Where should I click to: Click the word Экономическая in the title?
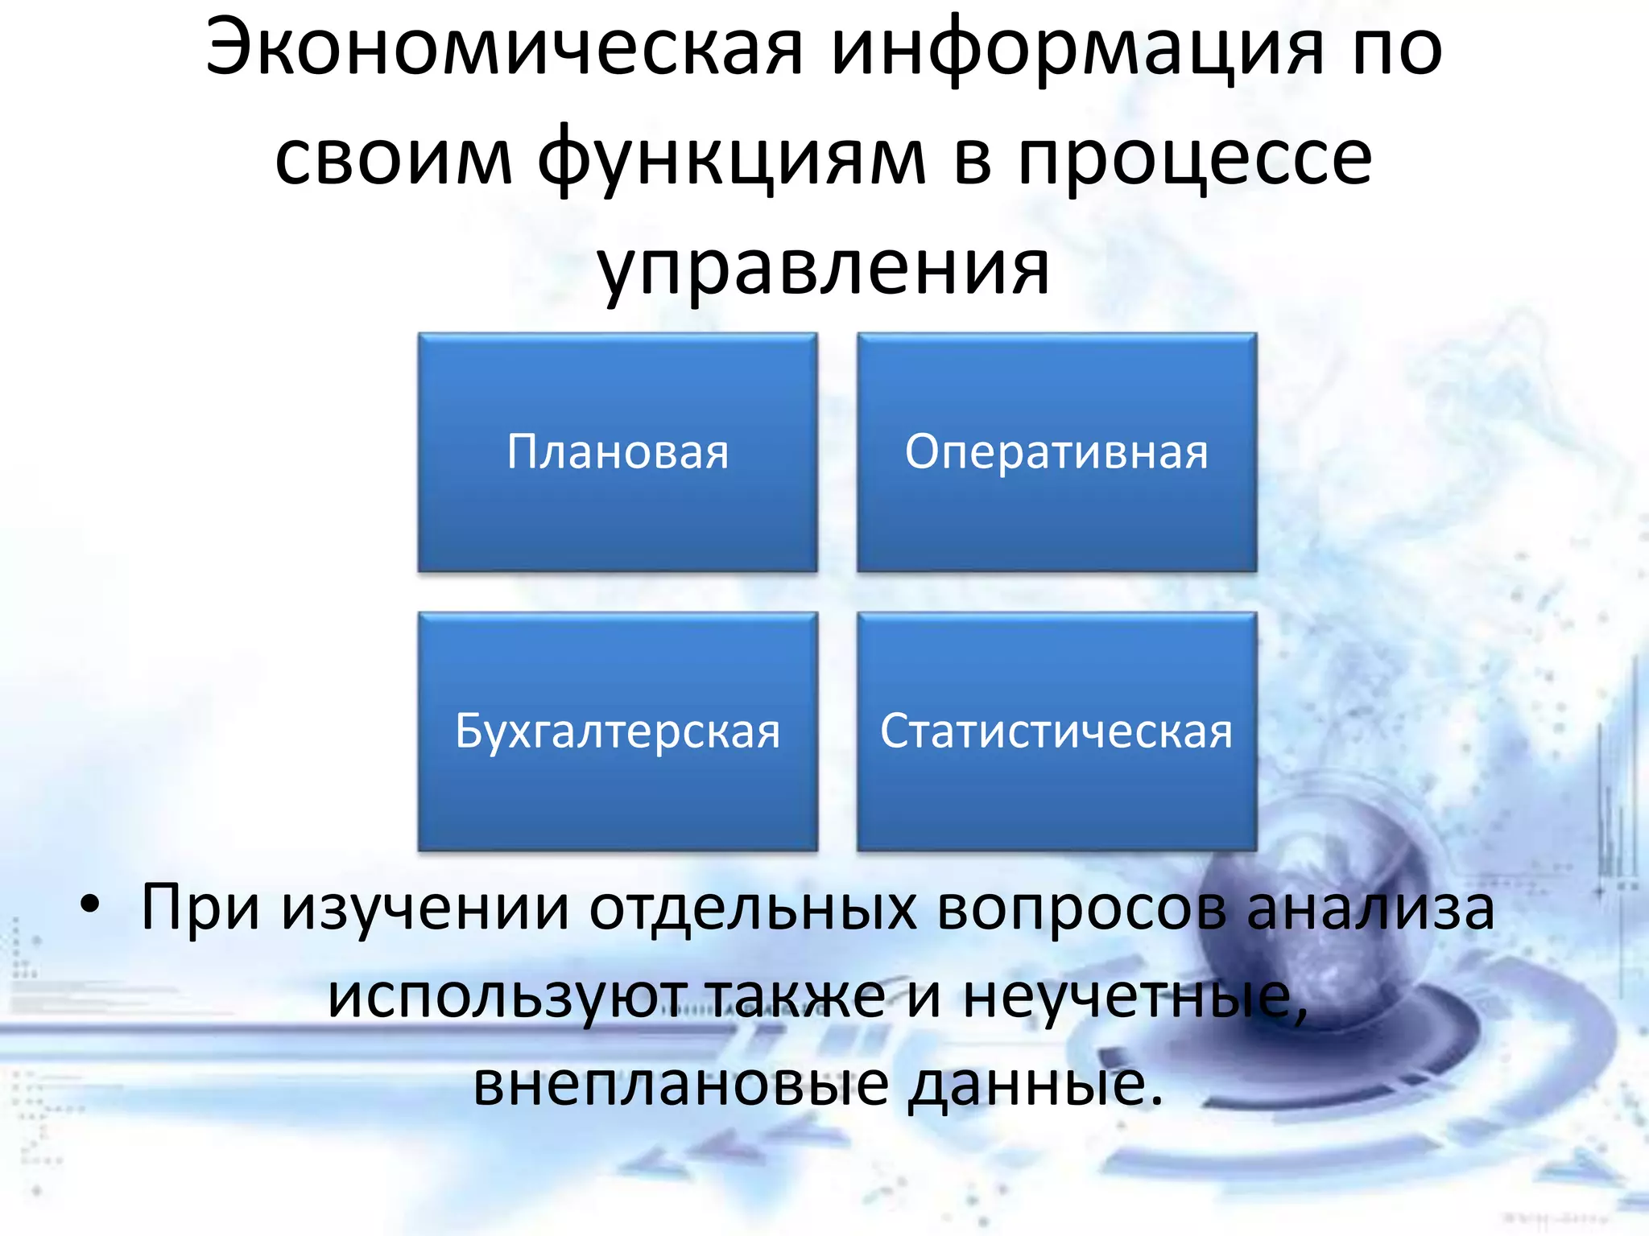504,50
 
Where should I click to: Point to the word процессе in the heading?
1195,159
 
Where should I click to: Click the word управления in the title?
823,267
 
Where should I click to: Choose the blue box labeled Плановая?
618,452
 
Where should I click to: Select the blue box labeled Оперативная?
1056,452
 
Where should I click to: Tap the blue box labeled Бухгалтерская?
618,731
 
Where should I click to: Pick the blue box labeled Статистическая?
1056,731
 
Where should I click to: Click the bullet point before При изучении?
90,905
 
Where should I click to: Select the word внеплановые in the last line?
681,1085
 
